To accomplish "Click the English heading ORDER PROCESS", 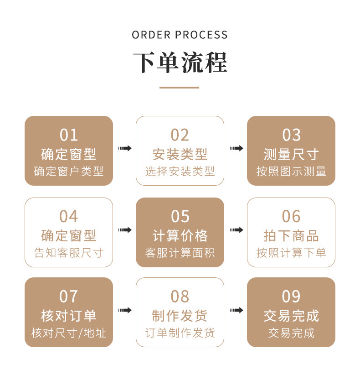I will [x=180, y=35].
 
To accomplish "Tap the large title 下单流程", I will [x=180, y=62].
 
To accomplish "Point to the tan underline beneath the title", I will [x=180, y=87].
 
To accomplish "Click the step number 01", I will [x=68, y=135].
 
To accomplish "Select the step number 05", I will [x=180, y=216].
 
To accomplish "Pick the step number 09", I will [x=291, y=297].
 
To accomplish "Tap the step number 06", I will [x=291, y=216].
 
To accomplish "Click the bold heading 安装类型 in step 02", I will [x=180, y=154].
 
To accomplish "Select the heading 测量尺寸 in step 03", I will [x=291, y=154].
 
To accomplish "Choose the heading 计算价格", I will [x=180, y=235].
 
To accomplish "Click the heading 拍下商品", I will [x=291, y=235].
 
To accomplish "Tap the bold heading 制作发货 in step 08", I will [x=180, y=316].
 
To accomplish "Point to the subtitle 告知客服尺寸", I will [x=68, y=252].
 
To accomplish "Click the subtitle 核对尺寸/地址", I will [x=68, y=333].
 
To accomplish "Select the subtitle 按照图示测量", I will [x=291, y=172].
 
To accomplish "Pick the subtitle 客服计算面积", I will [x=180, y=252].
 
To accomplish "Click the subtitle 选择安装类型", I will [x=180, y=172].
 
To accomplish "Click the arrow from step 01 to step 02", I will [x=124, y=148].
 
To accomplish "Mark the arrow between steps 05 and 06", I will [x=236, y=229].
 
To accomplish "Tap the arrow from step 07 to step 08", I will [x=124, y=310].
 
